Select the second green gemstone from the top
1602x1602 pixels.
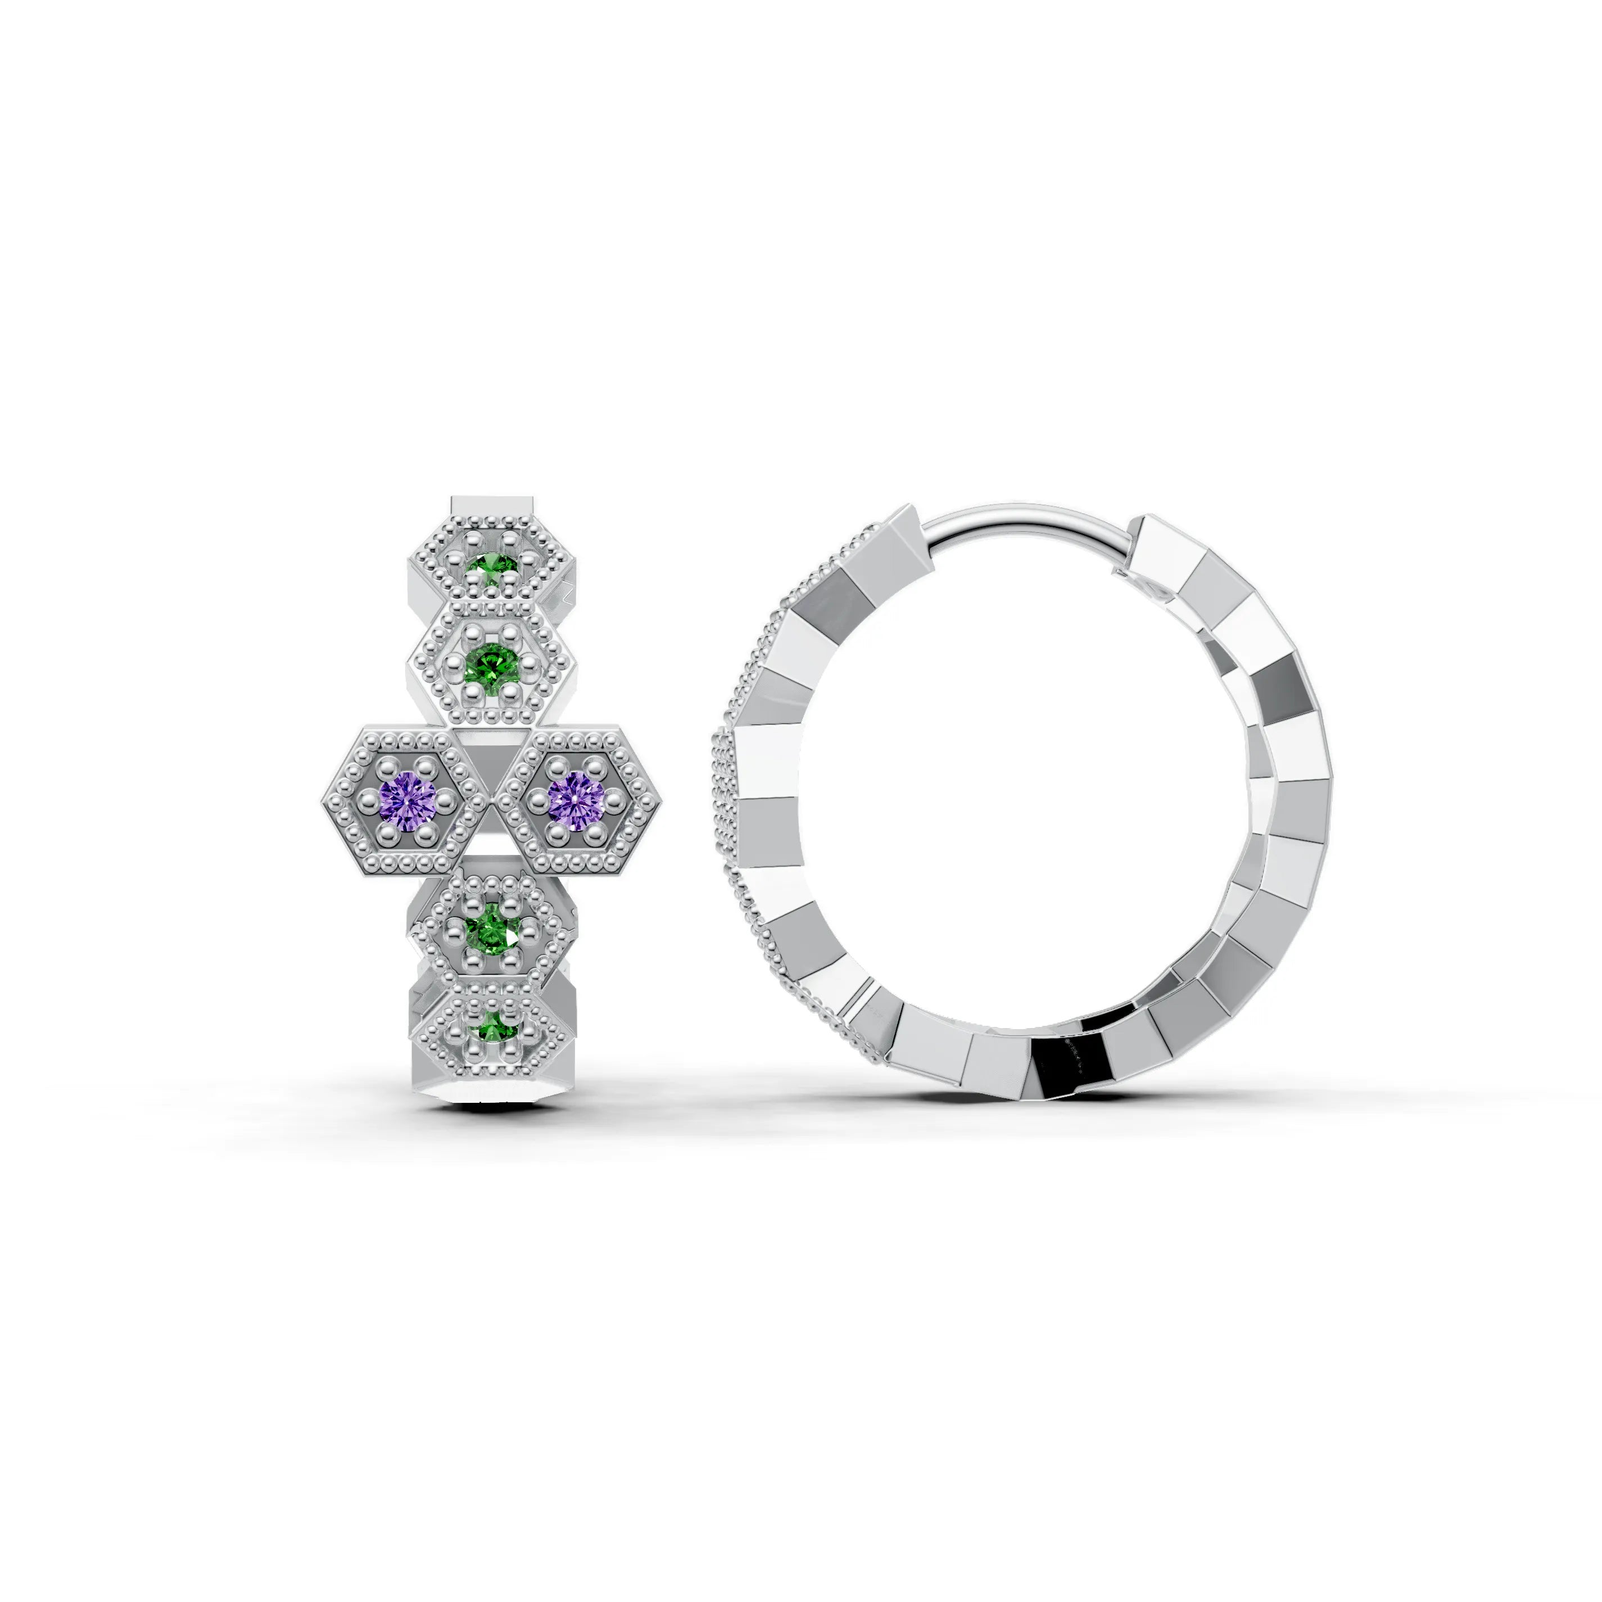(492, 663)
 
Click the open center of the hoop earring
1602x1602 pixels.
(1020, 796)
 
